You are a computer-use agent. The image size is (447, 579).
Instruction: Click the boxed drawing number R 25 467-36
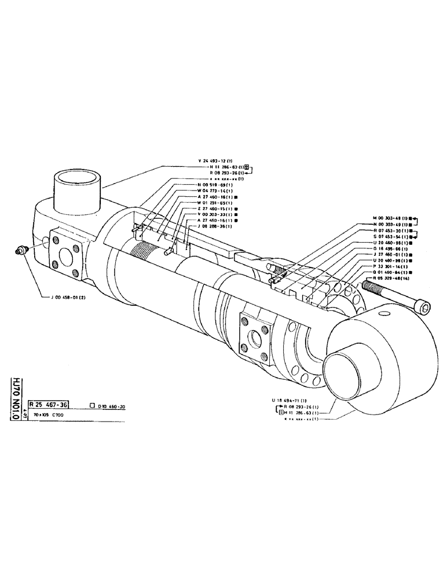point(49,405)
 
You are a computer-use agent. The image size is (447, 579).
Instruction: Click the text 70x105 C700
point(50,415)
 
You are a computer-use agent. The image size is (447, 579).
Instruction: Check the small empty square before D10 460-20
point(93,405)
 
